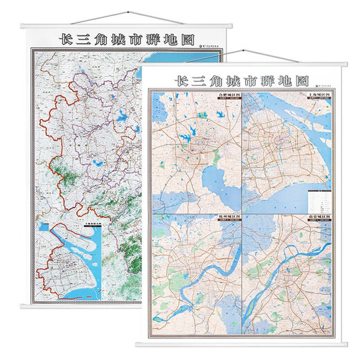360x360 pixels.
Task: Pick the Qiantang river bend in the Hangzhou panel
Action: [x=208, y=277]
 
